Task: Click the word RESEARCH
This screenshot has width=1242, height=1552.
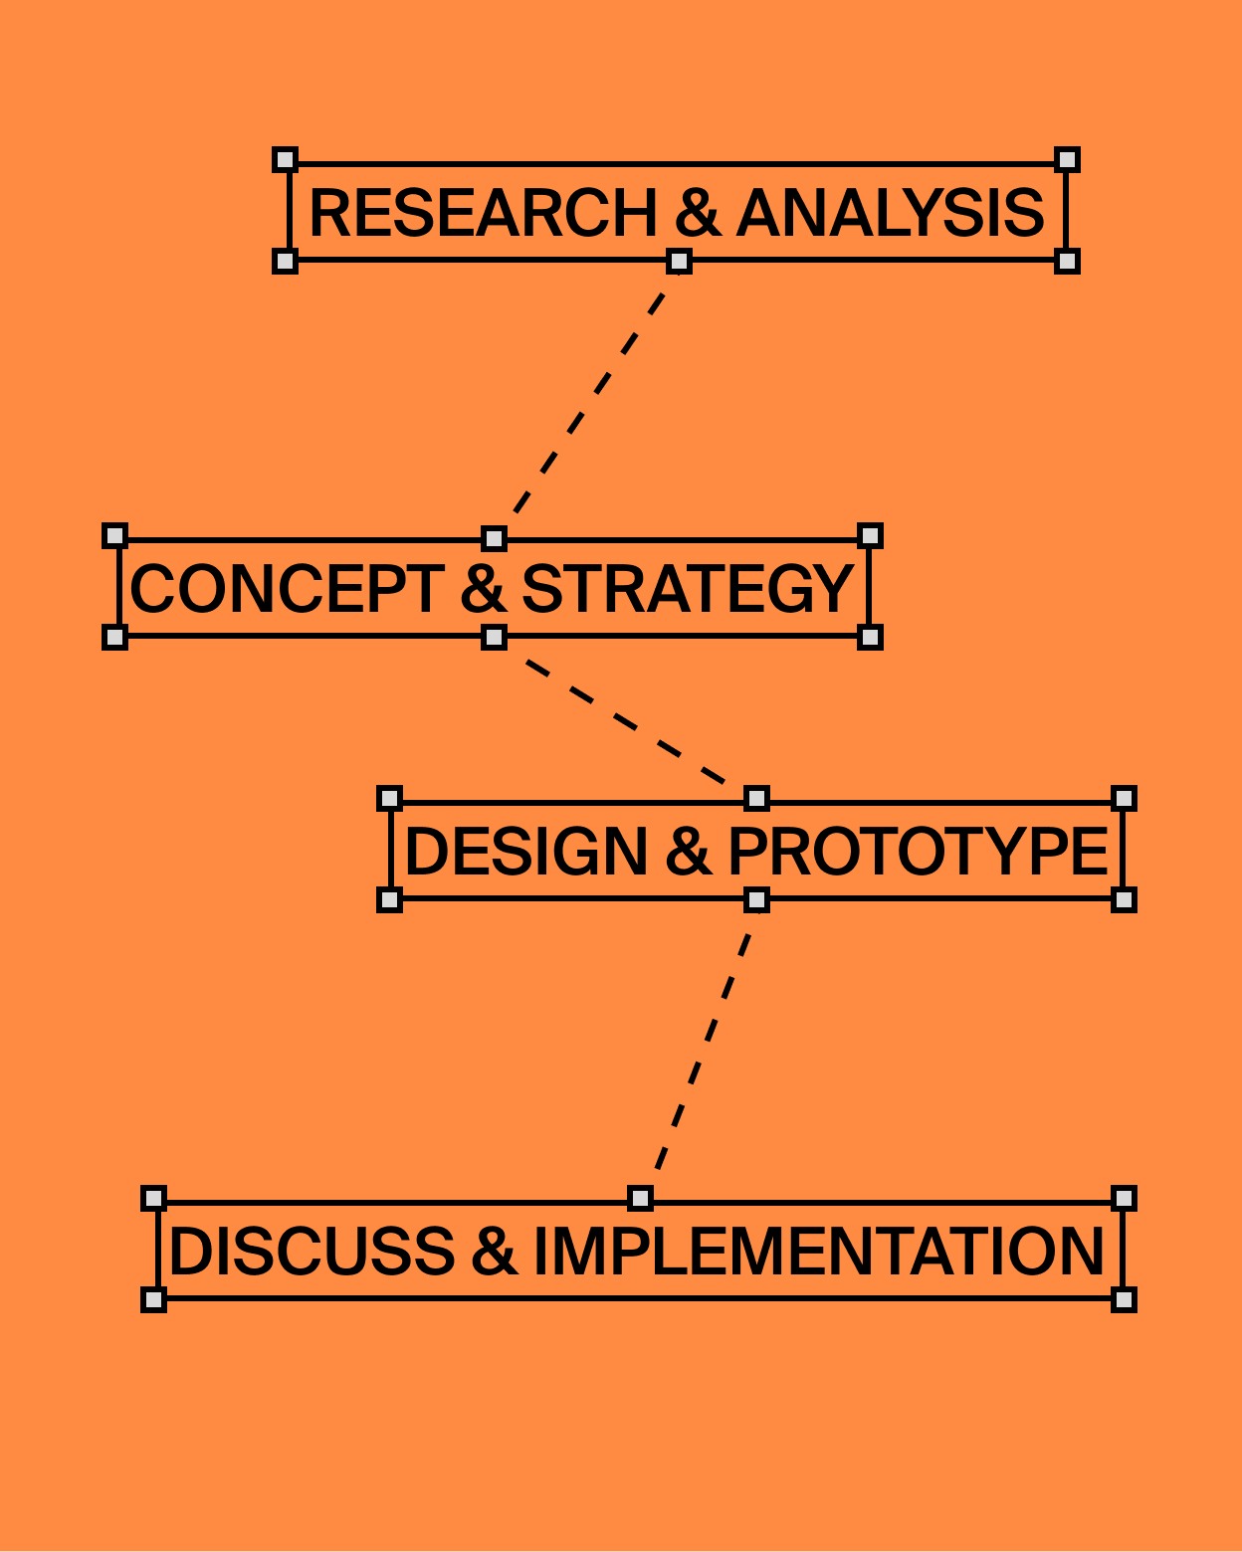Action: tap(483, 213)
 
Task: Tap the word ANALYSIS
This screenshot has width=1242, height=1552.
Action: tap(891, 213)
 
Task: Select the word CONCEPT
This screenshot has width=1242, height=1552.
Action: tap(287, 589)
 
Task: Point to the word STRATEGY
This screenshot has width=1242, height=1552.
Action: tap(688, 589)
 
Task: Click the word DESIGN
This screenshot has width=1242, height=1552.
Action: tap(526, 852)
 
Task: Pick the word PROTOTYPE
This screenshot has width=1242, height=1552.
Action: tap(918, 852)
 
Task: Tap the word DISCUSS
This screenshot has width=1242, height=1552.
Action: tap(311, 1252)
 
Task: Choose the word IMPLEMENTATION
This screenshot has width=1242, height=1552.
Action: tap(819, 1252)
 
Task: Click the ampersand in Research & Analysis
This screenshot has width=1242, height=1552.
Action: tap(697, 213)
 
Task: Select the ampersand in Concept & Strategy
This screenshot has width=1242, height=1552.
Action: tap(483, 589)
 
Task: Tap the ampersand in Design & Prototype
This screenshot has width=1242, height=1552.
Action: tap(688, 852)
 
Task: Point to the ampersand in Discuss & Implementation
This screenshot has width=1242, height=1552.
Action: tap(494, 1252)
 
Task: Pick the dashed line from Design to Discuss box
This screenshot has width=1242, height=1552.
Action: tap(699, 1049)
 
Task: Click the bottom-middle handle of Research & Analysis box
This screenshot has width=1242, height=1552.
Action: tap(679, 262)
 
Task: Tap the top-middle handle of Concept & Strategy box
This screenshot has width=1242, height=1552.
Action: tap(494, 539)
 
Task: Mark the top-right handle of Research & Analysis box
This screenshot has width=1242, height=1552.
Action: tap(1067, 160)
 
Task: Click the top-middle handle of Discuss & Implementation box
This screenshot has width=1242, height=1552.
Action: tap(640, 1198)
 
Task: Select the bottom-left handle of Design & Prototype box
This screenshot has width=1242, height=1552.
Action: tap(389, 900)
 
